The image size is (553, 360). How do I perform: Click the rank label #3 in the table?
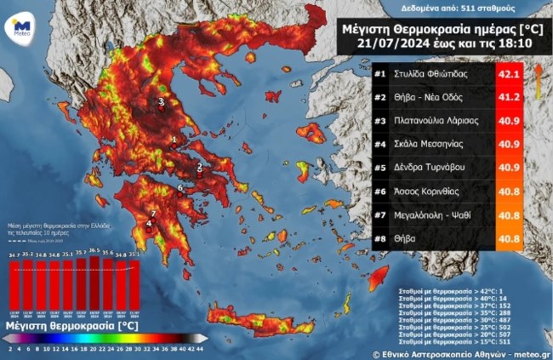point(380,122)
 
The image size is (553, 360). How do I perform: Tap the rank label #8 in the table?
point(380,239)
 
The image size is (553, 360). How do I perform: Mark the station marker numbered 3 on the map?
point(161,102)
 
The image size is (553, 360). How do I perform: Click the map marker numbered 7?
point(152,214)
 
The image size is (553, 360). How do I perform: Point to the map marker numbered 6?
point(180,187)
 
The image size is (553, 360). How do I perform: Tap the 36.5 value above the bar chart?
point(94,253)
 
